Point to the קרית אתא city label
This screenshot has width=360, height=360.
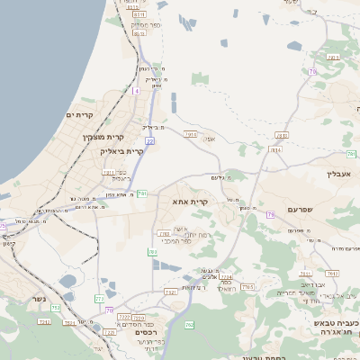[x=190, y=202]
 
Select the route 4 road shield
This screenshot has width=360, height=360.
[x=137, y=91]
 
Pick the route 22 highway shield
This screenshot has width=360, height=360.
[x=149, y=140]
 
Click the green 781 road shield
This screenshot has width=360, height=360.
[x=142, y=193]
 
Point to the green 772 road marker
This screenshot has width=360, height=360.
[x=99, y=298]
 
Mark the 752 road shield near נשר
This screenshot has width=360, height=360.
[x=56, y=308]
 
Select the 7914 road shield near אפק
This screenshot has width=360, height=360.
[x=190, y=133]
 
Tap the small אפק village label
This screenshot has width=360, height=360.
[x=208, y=140]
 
